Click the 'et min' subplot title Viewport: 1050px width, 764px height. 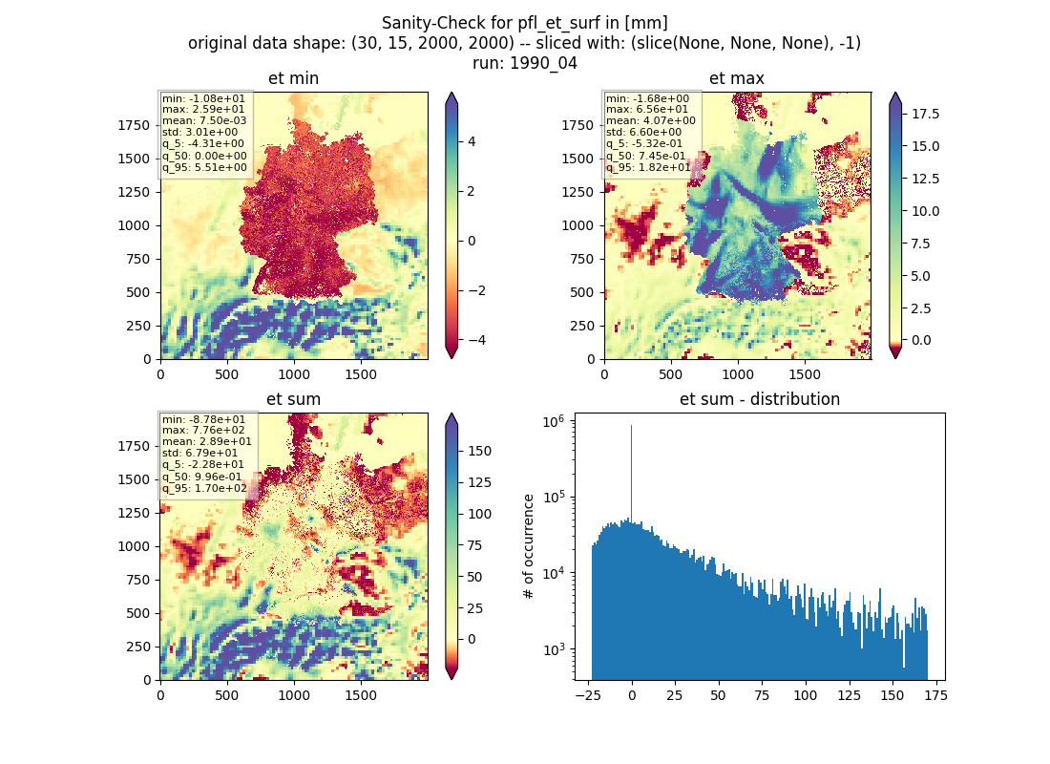(x=293, y=78)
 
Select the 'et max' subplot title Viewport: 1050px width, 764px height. (x=737, y=78)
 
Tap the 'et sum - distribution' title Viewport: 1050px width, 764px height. (x=760, y=399)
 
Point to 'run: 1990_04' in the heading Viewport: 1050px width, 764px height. (x=524, y=64)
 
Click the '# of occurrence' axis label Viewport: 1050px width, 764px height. (x=529, y=547)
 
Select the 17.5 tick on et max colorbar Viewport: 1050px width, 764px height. (x=925, y=114)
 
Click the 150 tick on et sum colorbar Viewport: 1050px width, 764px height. (x=479, y=451)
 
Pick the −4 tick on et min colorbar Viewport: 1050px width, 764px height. (x=476, y=340)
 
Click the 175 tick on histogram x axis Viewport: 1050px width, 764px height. (x=935, y=695)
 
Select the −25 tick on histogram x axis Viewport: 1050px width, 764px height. (x=588, y=695)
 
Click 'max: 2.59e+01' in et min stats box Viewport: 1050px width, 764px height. (x=203, y=109)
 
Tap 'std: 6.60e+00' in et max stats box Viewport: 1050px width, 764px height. (x=644, y=132)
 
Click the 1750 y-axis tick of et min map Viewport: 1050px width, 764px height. (x=134, y=125)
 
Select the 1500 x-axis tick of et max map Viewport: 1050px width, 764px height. (x=805, y=374)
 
